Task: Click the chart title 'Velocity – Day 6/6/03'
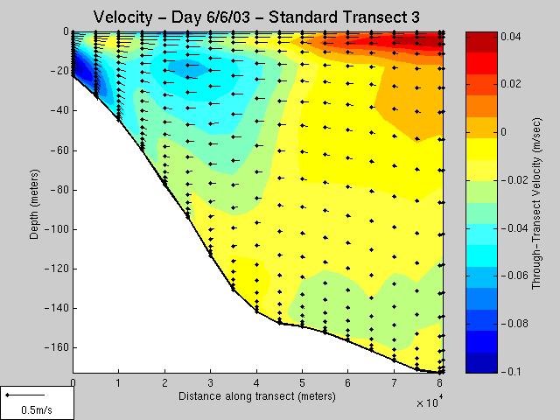pos(171,17)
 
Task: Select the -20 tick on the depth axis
pos(59,71)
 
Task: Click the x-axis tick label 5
pos(302,383)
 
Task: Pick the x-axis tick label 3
pos(210,383)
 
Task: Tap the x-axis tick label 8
pos(439,383)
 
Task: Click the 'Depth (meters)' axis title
pos(34,204)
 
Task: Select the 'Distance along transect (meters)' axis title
pos(257,396)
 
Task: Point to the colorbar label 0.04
pos(511,37)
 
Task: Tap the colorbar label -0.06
pos(514,276)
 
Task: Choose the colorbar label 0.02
pos(511,84)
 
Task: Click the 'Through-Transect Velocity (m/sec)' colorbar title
pos(536,204)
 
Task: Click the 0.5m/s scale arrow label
pos(37,409)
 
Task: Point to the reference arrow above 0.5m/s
pos(25,395)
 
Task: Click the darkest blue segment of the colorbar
pos(481,363)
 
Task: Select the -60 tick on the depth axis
pos(59,150)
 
